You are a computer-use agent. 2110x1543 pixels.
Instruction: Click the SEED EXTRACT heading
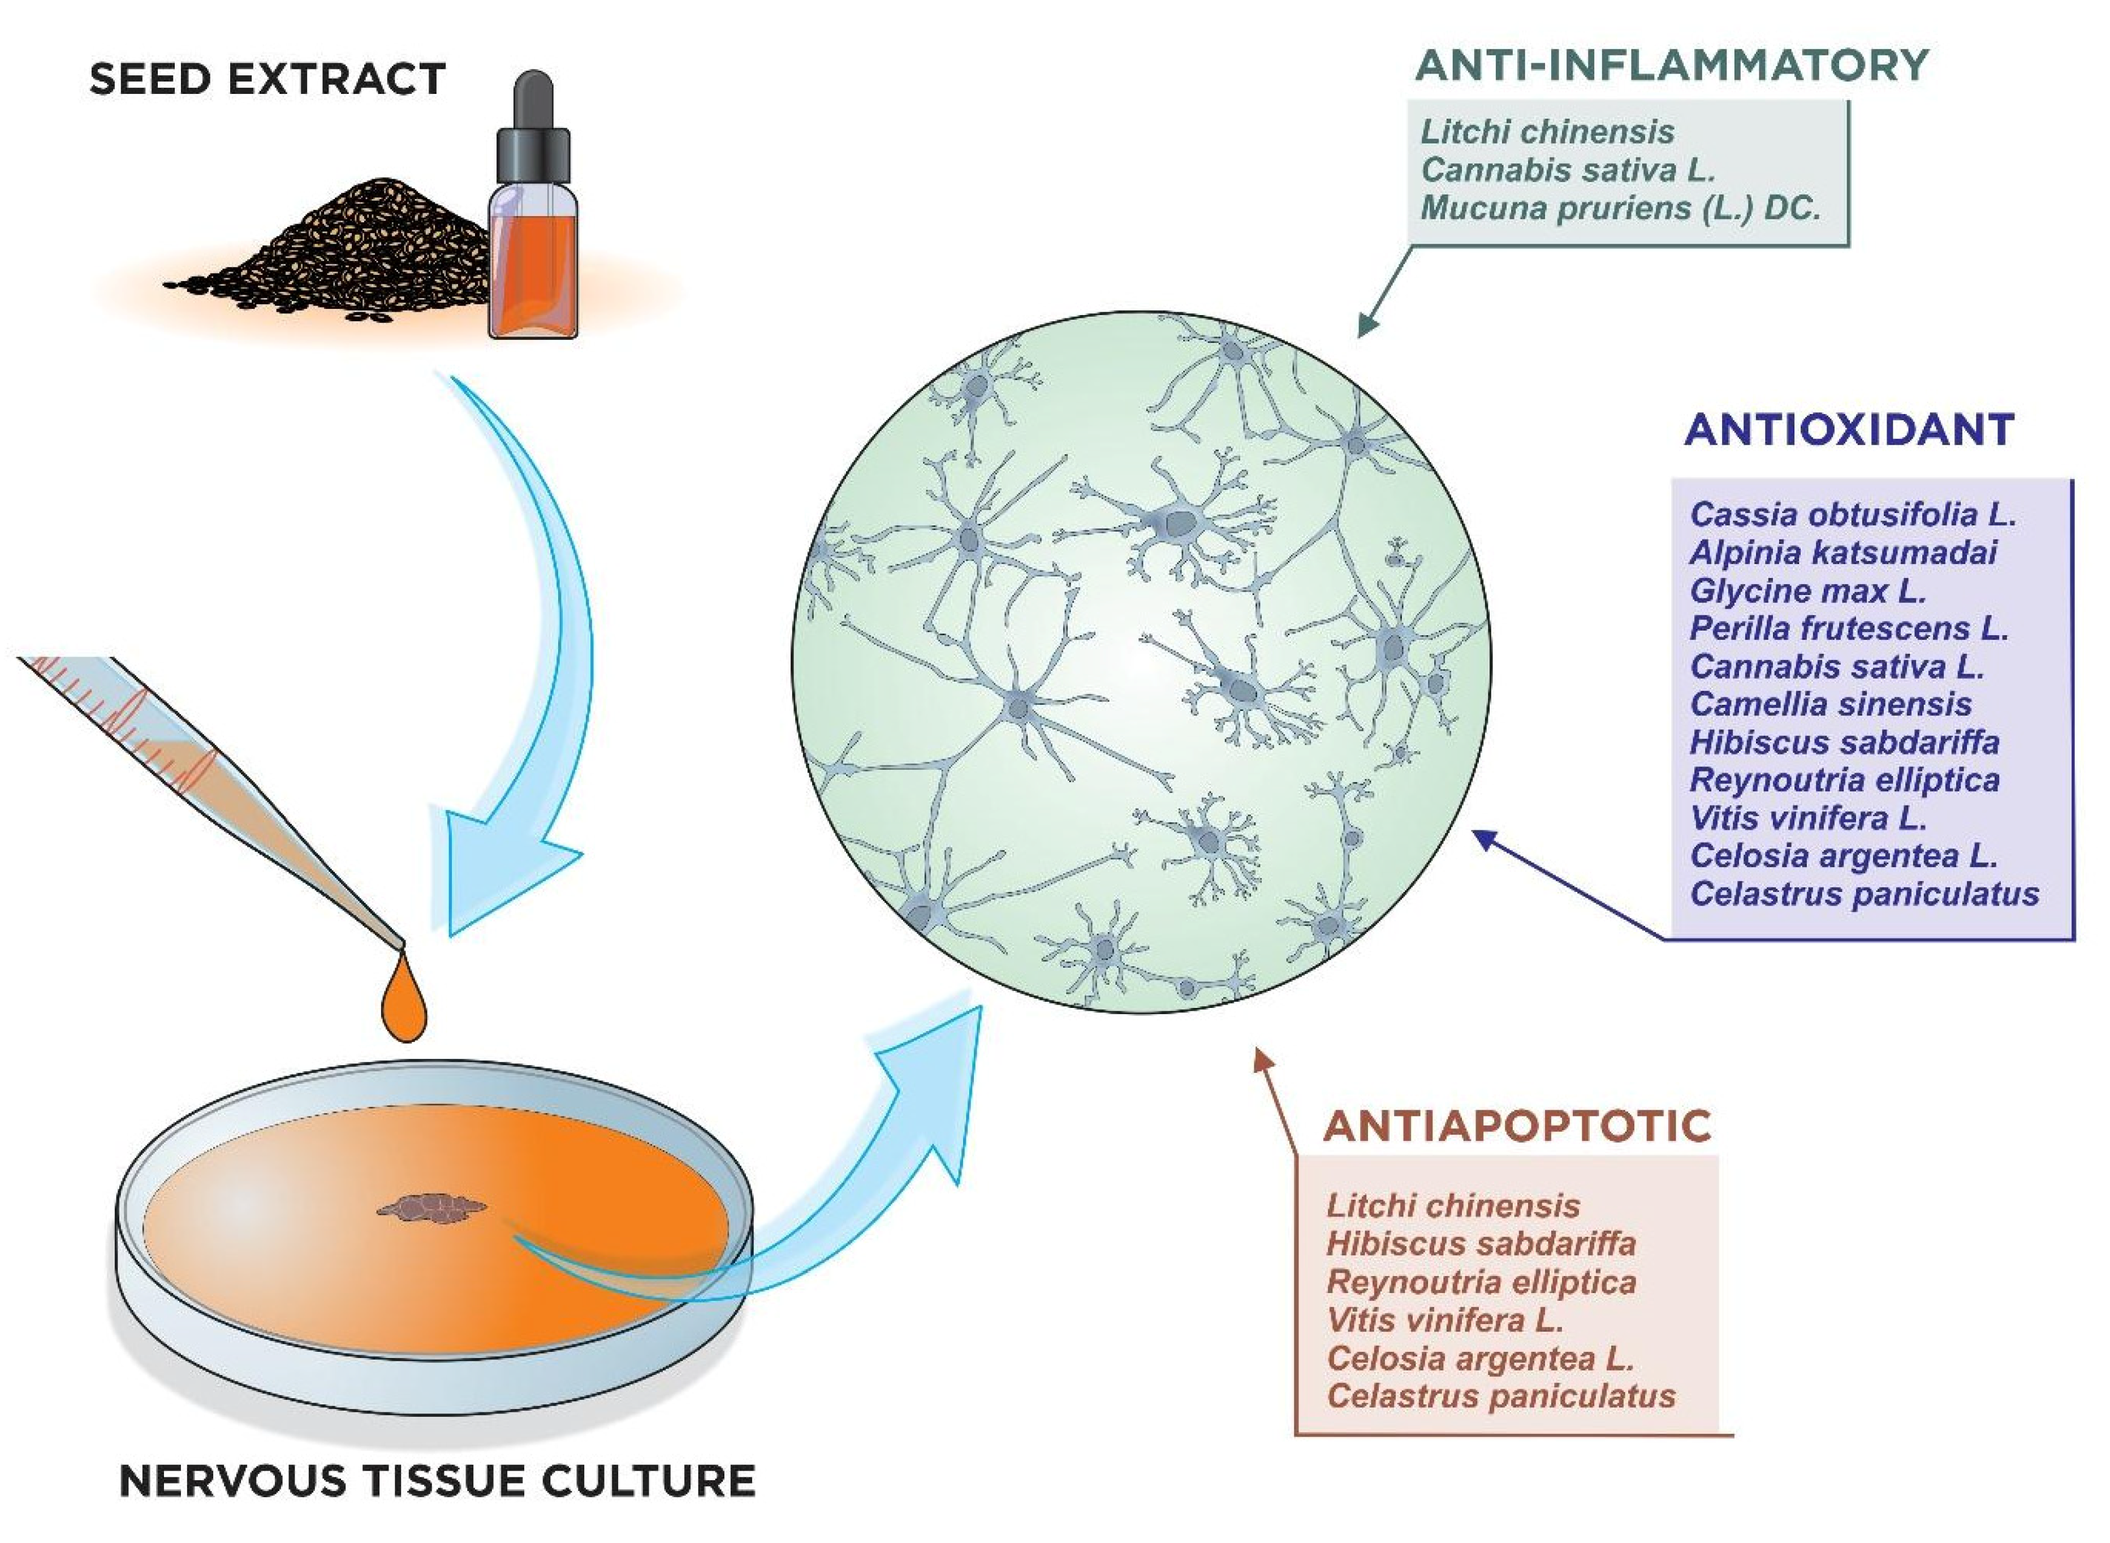(x=267, y=79)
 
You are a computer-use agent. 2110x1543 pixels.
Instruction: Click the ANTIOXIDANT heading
(x=1849, y=430)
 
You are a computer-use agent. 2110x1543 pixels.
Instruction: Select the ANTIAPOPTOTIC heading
(x=1518, y=1127)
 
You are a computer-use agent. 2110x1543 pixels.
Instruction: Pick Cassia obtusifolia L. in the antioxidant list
(x=1852, y=515)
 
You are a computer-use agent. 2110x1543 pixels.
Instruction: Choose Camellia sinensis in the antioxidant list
(x=1830, y=704)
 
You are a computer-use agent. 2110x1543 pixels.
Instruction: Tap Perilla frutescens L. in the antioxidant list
(x=1849, y=628)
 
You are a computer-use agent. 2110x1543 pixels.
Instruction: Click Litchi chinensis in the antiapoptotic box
(x=1453, y=1206)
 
